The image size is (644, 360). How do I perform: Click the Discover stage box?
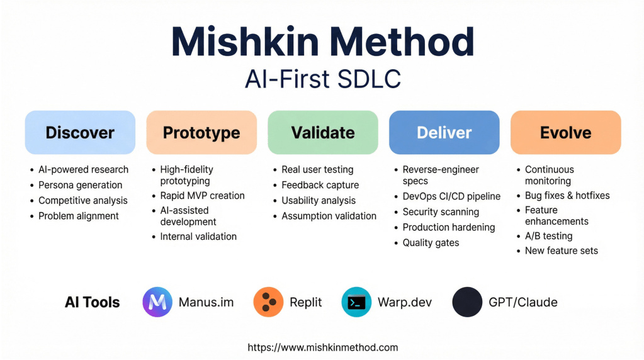click(80, 133)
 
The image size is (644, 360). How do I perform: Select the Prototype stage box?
click(201, 133)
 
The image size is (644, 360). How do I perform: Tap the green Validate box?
click(323, 133)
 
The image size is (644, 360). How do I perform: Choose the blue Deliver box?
click(444, 133)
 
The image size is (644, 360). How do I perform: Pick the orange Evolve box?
click(565, 133)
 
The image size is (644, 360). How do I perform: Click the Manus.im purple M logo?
click(157, 302)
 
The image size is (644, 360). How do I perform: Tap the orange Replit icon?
click(268, 302)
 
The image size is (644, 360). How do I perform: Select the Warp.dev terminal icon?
click(356, 302)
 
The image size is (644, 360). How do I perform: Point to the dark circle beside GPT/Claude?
click(467, 302)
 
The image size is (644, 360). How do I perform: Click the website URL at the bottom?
click(323, 347)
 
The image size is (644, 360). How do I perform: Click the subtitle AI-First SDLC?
click(323, 79)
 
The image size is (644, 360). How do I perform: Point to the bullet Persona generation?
click(80, 185)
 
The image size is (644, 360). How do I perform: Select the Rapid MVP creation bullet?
click(202, 196)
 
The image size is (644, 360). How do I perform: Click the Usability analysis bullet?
click(319, 201)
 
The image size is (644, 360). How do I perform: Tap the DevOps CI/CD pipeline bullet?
click(451, 196)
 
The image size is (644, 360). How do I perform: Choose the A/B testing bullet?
click(549, 236)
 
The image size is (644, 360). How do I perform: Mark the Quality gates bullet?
click(431, 243)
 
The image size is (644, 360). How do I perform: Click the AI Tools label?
click(93, 303)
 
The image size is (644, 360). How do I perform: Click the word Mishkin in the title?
click(245, 42)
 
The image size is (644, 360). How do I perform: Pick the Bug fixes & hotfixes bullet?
click(567, 196)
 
